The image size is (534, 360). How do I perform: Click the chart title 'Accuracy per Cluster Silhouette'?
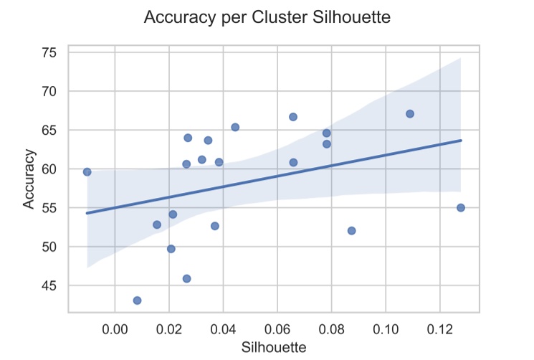pyautogui.click(x=267, y=18)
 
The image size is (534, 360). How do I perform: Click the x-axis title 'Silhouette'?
pyautogui.click(x=275, y=348)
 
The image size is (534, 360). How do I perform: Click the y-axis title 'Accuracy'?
pyautogui.click(x=29, y=179)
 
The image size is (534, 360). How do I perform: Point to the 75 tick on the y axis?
pyautogui.click(x=49, y=53)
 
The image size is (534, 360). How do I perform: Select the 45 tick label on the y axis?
pyautogui.click(x=49, y=286)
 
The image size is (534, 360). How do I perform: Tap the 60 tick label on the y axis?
pyautogui.click(x=49, y=169)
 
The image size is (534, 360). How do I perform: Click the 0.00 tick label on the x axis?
pyautogui.click(x=115, y=329)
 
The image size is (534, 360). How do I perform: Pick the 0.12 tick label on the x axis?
pyautogui.click(x=439, y=329)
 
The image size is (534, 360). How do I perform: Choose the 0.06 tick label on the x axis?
pyautogui.click(x=277, y=329)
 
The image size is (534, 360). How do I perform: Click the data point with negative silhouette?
pyautogui.click(x=87, y=171)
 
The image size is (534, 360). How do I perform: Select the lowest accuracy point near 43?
pyautogui.click(x=137, y=300)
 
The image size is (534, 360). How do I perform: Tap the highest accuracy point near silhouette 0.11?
pyautogui.click(x=410, y=113)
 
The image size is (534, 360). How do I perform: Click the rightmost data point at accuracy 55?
pyautogui.click(x=461, y=207)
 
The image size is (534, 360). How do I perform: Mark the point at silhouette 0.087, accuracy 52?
pyautogui.click(x=351, y=231)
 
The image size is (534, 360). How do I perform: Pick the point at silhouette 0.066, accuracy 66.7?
pyautogui.click(x=293, y=117)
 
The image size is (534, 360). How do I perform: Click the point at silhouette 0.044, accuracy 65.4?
pyautogui.click(x=235, y=127)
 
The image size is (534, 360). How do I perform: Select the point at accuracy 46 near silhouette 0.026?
pyautogui.click(x=186, y=278)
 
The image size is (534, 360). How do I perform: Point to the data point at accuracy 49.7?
pyautogui.click(x=171, y=249)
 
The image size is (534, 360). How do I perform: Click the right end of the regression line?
pyautogui.click(x=461, y=141)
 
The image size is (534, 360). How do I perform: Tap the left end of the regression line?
pyautogui.click(x=87, y=213)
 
